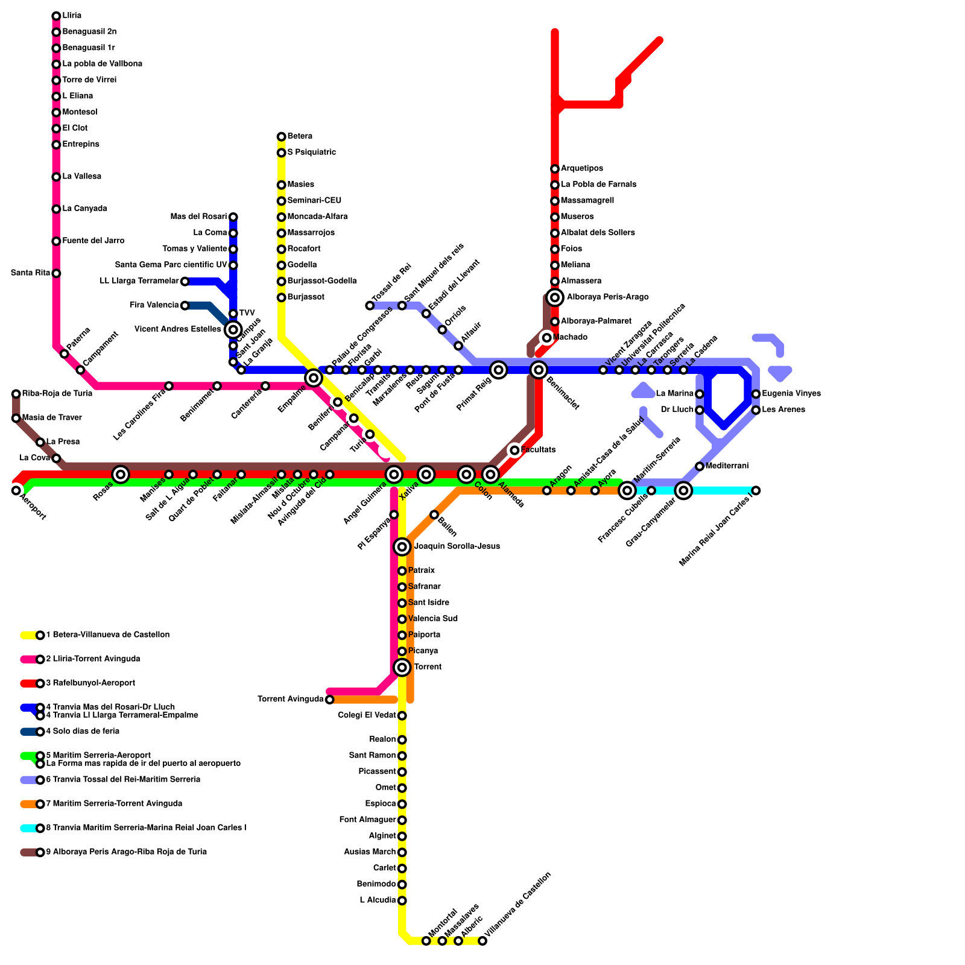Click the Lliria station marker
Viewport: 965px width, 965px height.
(56, 16)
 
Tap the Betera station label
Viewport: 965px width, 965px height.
(300, 136)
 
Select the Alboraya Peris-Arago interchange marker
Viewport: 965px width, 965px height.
(555, 297)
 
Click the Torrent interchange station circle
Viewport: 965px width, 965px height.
(402, 667)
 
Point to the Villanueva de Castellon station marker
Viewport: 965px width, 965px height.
(482, 941)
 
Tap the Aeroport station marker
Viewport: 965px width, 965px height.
(16, 490)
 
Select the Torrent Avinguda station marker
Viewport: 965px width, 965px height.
(329, 700)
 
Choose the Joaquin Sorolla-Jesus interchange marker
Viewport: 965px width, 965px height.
(402, 547)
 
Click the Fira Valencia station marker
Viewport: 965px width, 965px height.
(185, 306)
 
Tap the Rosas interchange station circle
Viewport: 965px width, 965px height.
(121, 475)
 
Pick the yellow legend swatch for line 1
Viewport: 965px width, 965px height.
(28, 635)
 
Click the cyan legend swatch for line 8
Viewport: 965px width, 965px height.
(28, 828)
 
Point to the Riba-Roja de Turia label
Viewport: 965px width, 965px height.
(57, 394)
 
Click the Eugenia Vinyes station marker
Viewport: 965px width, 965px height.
(756, 394)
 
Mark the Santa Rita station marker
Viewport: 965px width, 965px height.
(56, 273)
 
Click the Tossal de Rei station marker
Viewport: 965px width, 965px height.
(370, 306)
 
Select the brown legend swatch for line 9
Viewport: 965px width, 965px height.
(28, 852)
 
